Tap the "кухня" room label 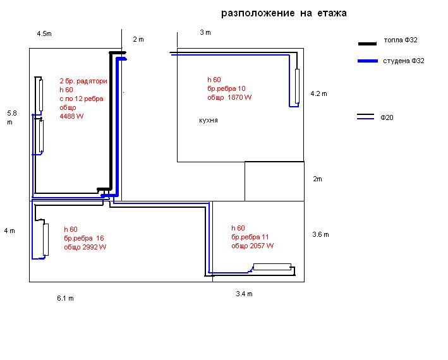tap(208, 120)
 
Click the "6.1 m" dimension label tap(65, 298)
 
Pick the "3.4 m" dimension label tap(244, 294)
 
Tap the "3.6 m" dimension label tap(320, 234)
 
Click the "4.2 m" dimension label tap(319, 94)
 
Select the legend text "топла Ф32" tap(401, 40)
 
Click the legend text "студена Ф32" tap(403, 61)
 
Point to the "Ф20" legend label tap(387, 117)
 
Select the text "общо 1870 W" tap(229, 98)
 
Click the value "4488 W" tap(71, 116)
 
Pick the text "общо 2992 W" tap(85, 247)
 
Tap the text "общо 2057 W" tap(252, 246)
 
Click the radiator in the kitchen tap(297, 86)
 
